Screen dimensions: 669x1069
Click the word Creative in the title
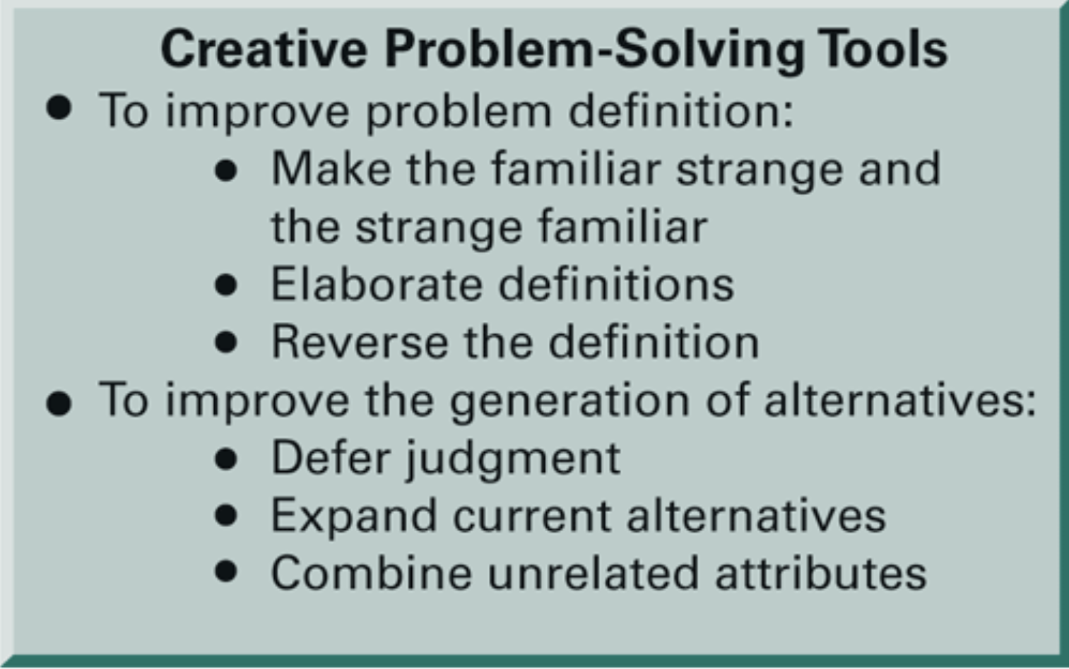click(x=264, y=49)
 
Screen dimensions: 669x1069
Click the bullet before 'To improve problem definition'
click(x=59, y=108)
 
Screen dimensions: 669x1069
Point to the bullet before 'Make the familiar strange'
click(x=226, y=170)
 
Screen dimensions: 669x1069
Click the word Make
click(x=331, y=169)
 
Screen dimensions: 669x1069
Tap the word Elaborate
click(x=376, y=285)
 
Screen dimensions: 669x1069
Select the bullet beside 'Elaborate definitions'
click(x=226, y=285)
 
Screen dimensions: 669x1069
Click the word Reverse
click(x=359, y=343)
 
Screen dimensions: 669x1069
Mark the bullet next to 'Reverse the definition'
click(x=226, y=343)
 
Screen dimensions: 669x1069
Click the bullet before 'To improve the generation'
click(x=59, y=404)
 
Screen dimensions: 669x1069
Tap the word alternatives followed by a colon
click(x=899, y=401)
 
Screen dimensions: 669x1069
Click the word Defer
click(x=331, y=458)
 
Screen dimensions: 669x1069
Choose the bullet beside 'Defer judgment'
click(x=226, y=459)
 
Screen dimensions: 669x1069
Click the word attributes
click(x=820, y=573)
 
